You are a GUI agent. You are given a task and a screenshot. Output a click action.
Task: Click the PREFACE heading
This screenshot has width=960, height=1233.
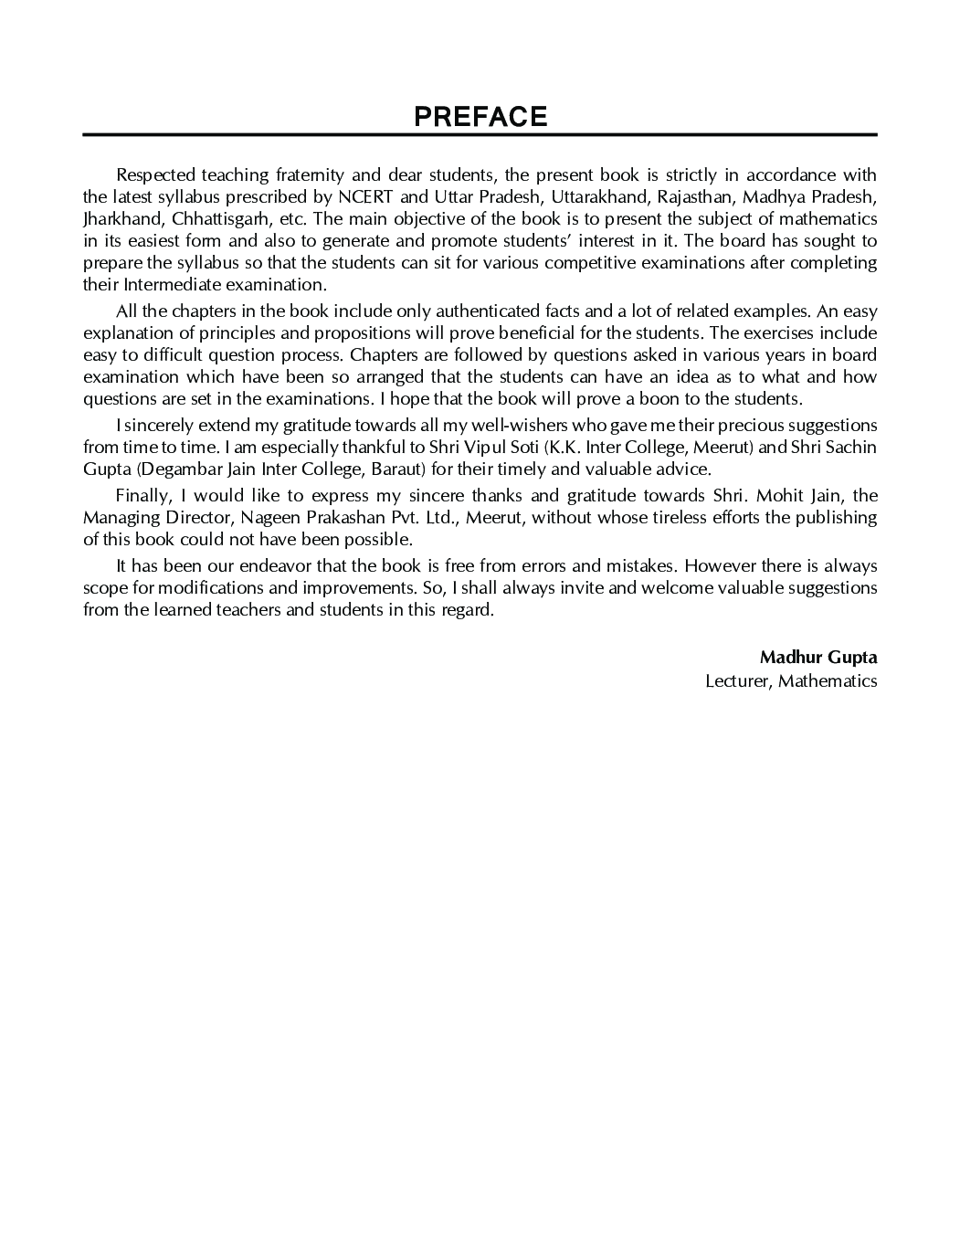click(x=480, y=117)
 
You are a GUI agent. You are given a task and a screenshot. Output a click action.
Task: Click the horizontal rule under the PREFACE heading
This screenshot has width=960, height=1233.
click(x=480, y=135)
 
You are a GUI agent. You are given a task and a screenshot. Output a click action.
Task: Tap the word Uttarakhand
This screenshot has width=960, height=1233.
click(x=600, y=197)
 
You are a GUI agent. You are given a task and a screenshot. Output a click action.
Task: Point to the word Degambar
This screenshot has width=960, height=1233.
click(x=175, y=469)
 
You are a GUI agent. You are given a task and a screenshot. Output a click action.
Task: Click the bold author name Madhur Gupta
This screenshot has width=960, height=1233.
click(x=818, y=658)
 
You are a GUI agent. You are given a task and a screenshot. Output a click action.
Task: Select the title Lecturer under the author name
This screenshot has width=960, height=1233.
click(x=737, y=680)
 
